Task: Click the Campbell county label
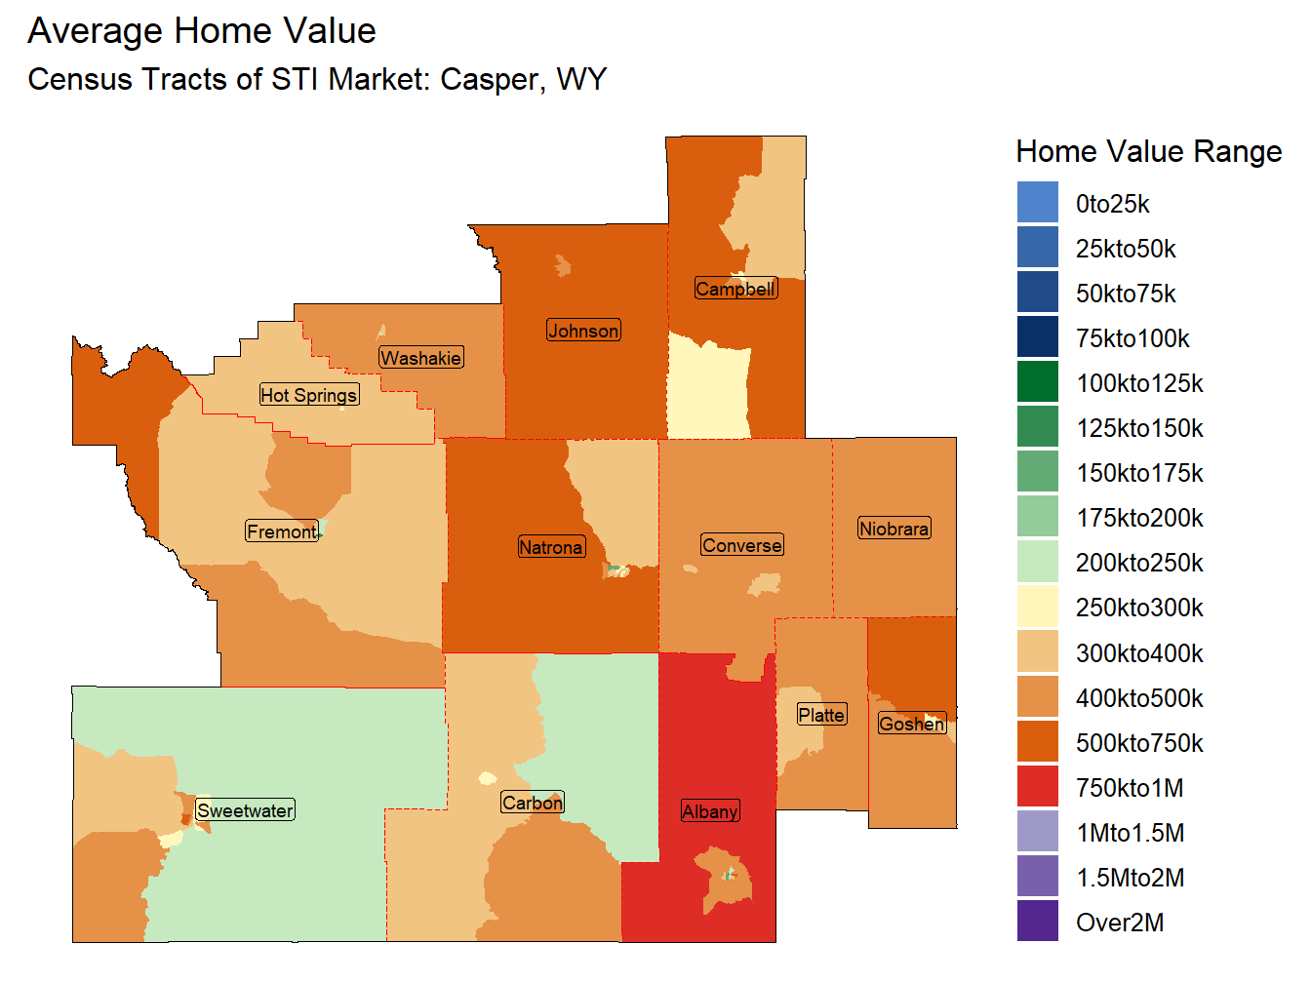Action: (735, 289)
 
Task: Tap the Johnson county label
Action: (583, 331)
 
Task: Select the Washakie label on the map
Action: (420, 358)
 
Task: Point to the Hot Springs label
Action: (308, 395)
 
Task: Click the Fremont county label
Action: (281, 531)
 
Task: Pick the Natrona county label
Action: (551, 547)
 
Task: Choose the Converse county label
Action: (741, 545)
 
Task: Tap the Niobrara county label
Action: (894, 529)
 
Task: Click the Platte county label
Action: (821, 715)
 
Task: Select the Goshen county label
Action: (911, 724)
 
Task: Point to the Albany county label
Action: (710, 811)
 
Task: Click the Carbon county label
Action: (533, 803)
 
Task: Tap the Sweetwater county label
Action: (245, 810)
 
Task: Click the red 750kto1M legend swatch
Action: (1037, 787)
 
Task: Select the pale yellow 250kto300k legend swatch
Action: (1037, 607)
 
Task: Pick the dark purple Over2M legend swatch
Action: (1037, 922)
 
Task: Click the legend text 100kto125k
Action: (1139, 383)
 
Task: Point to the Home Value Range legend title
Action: (1148, 152)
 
